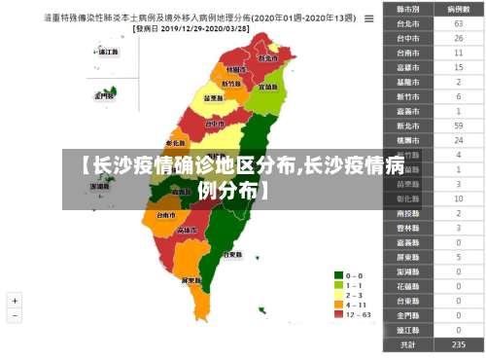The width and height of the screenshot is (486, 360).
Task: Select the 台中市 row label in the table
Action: click(408, 37)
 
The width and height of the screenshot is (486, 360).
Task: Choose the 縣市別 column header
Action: click(408, 8)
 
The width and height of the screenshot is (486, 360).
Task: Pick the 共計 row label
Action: click(408, 344)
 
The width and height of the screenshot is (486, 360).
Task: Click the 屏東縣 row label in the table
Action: click(408, 257)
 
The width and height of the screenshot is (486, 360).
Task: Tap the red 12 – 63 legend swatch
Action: click(339, 314)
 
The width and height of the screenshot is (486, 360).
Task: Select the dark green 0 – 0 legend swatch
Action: click(339, 275)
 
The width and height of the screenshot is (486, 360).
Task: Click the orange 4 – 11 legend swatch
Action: click(339, 305)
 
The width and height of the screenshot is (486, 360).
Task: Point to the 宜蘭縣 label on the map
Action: click(267, 87)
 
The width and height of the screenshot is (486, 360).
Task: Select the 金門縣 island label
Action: click(101, 95)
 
